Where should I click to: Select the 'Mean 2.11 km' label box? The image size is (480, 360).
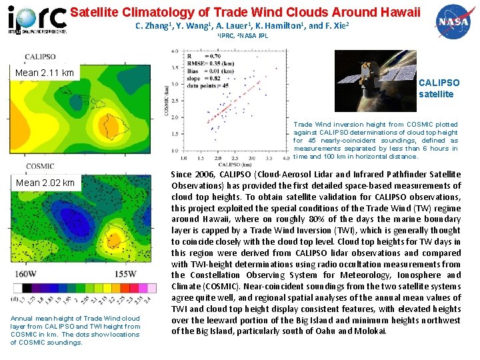[x=45, y=72]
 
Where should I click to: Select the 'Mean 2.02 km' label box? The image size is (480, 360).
[x=45, y=182]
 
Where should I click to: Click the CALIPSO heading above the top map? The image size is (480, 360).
[x=39, y=57]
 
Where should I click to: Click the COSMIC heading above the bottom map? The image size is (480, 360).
[x=39, y=167]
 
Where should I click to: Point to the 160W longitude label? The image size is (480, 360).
[x=25, y=274]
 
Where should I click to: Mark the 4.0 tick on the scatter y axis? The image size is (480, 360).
[x=175, y=50]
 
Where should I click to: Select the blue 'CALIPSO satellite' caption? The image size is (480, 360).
[x=439, y=88]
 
